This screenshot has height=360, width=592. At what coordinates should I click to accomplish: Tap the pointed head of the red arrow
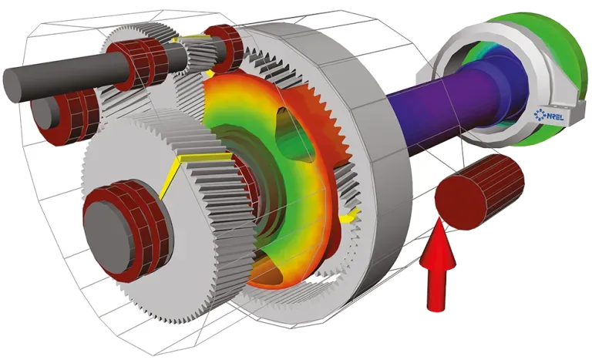[438, 219]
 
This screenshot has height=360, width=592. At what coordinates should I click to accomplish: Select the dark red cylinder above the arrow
[479, 192]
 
